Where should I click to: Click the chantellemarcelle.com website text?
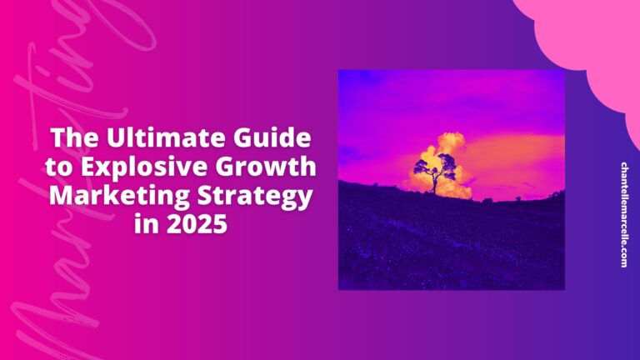624,214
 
